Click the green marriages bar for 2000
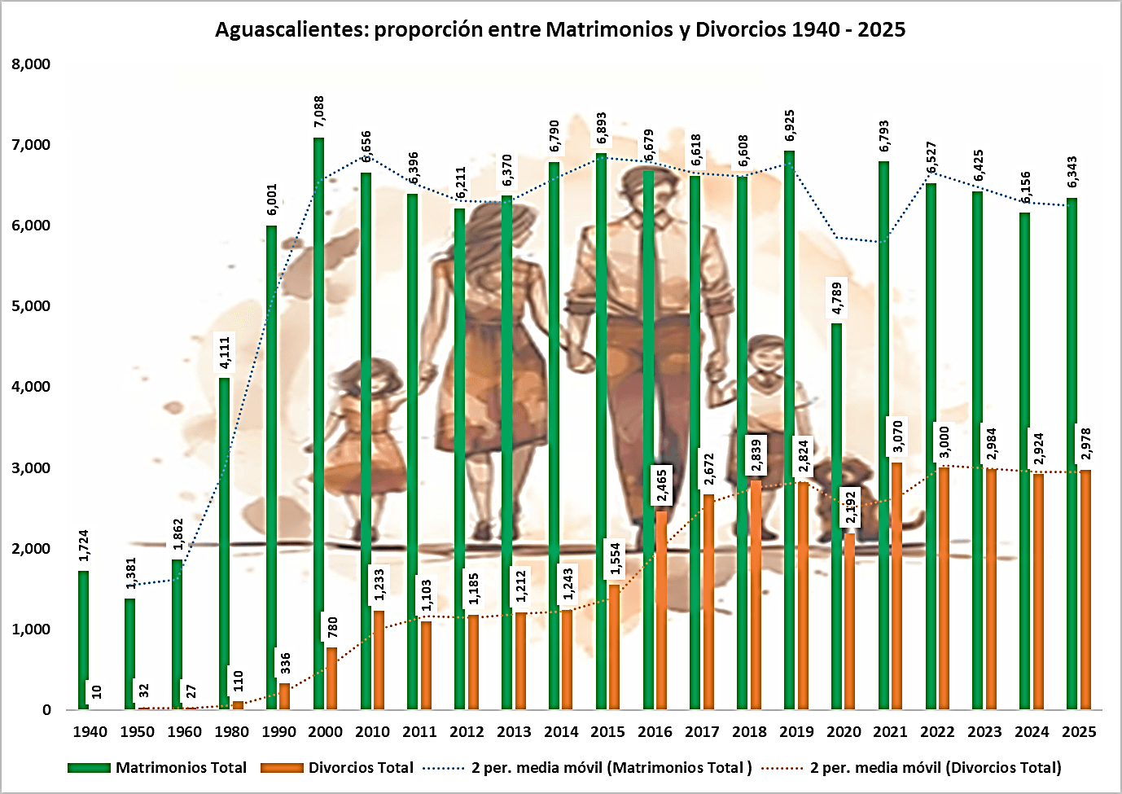click(318, 423)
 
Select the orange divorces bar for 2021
click(896, 586)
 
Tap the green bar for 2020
click(836, 516)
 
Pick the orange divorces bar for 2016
click(661, 610)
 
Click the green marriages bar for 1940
click(83, 640)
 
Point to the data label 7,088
click(319, 112)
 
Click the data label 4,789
click(837, 298)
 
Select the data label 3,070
click(897, 436)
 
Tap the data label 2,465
click(662, 485)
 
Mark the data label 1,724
click(84, 546)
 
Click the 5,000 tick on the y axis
click(31, 306)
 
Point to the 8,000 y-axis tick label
click(31, 64)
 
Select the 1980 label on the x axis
click(231, 731)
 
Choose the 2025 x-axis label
click(1079, 731)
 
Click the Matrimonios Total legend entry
click(181, 767)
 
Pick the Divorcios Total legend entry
click(361, 767)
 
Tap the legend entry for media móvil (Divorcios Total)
click(936, 767)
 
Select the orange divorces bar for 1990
click(284, 696)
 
